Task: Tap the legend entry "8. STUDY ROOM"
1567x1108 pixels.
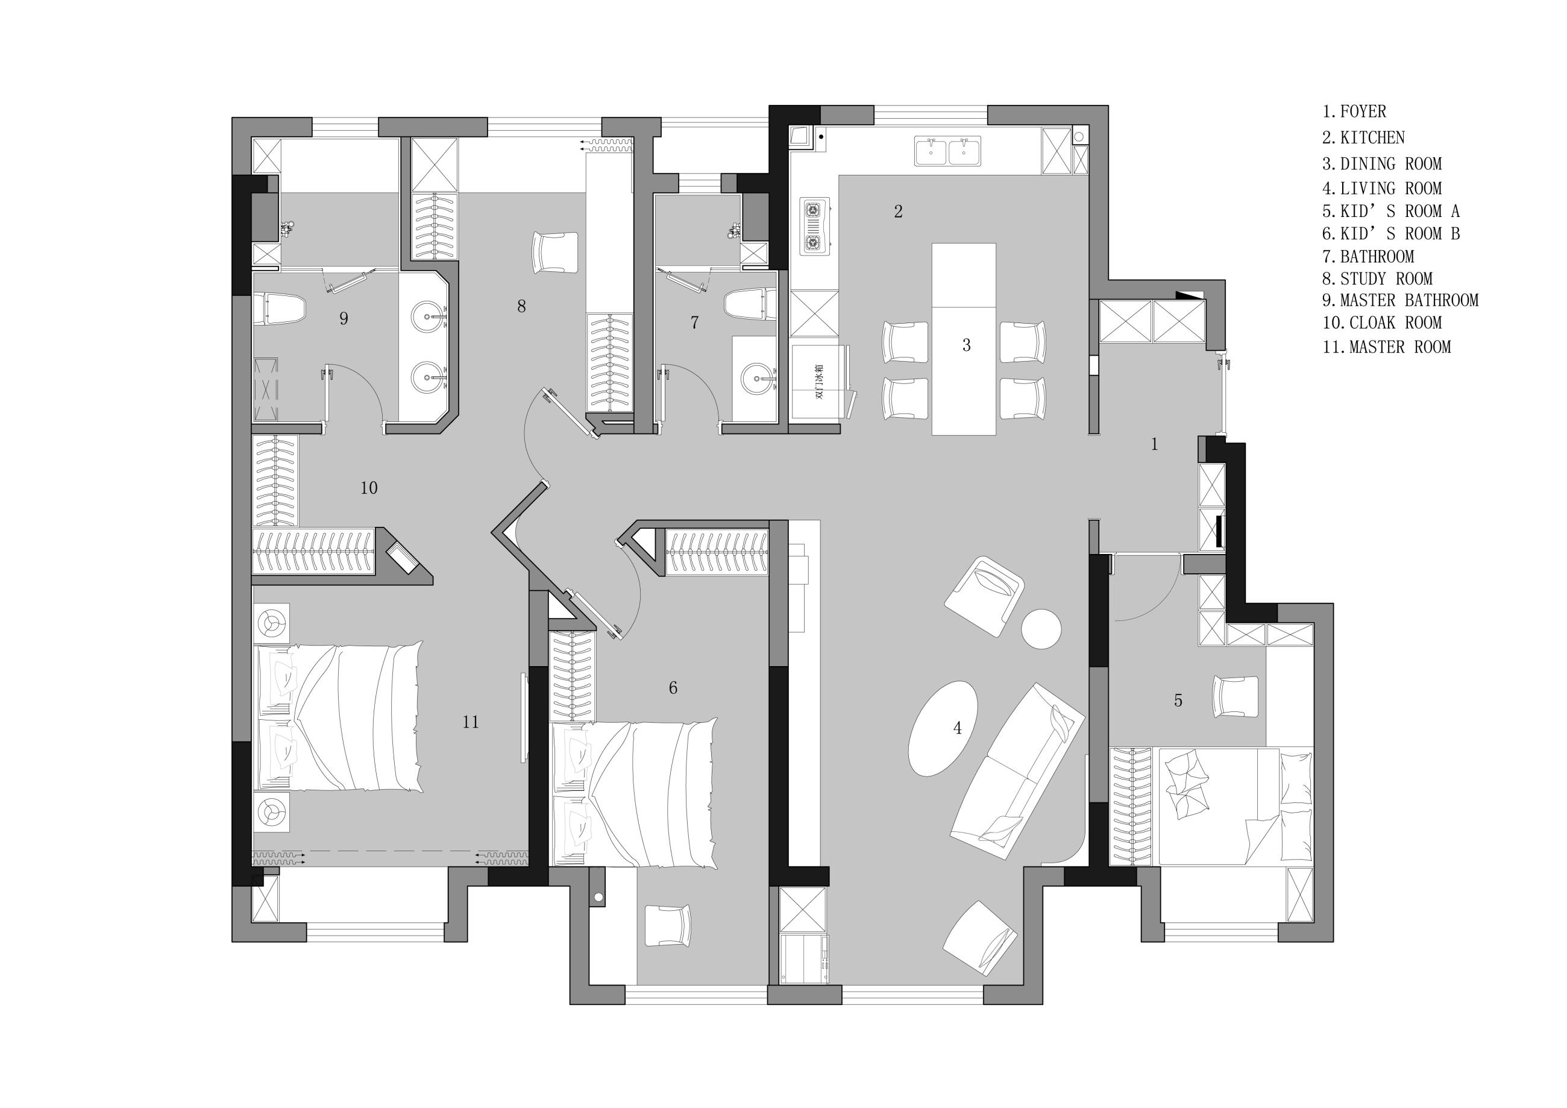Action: pos(1377,279)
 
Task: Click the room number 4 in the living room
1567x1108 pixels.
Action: pos(958,728)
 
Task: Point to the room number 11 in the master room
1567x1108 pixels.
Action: pos(470,722)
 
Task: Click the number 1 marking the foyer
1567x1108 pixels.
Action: pos(1154,444)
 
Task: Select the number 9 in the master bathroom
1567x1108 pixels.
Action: pos(344,318)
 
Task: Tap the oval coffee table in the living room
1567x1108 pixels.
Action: pos(943,728)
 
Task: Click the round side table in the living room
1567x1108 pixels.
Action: pos(1041,628)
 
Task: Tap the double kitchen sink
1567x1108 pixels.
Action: pos(948,151)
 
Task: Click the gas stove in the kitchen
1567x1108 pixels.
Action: pos(815,227)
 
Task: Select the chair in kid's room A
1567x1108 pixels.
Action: pos(1236,697)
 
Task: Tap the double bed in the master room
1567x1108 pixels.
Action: pos(339,717)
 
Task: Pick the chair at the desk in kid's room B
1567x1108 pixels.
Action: pos(667,926)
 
